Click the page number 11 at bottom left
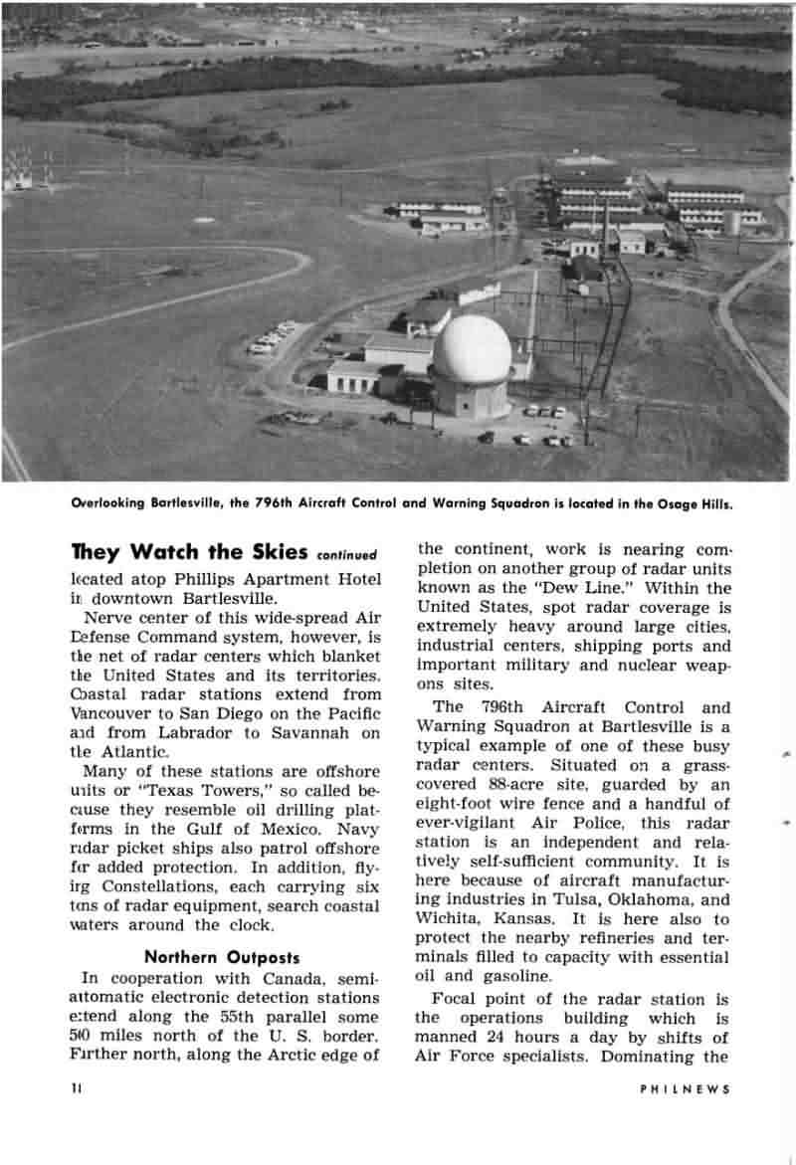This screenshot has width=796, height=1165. (x=76, y=1089)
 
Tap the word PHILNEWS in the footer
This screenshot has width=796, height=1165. (x=685, y=1089)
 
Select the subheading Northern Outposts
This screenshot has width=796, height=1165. (x=222, y=958)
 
